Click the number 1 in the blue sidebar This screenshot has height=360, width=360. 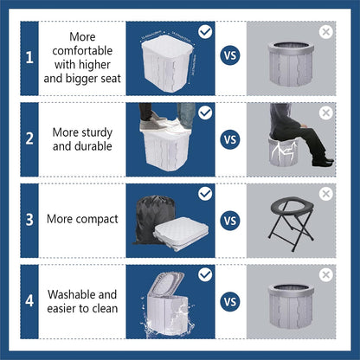pyautogui.click(x=29, y=59)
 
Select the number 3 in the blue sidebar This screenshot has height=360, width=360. pyautogui.click(x=29, y=220)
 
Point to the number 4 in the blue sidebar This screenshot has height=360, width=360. pyautogui.click(x=29, y=301)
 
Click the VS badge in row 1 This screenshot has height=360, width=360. pyautogui.click(x=230, y=59)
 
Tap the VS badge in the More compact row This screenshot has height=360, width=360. pyautogui.click(x=230, y=220)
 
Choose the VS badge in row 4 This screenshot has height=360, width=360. pyautogui.click(x=230, y=301)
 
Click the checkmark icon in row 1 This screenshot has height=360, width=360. pyautogui.click(x=204, y=32)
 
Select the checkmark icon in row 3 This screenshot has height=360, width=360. pyautogui.click(x=204, y=193)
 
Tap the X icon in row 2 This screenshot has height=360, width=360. pyautogui.click(x=325, y=112)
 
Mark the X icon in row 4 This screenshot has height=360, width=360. pyautogui.click(x=325, y=274)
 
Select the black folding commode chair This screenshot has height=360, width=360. pyautogui.click(x=289, y=222)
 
